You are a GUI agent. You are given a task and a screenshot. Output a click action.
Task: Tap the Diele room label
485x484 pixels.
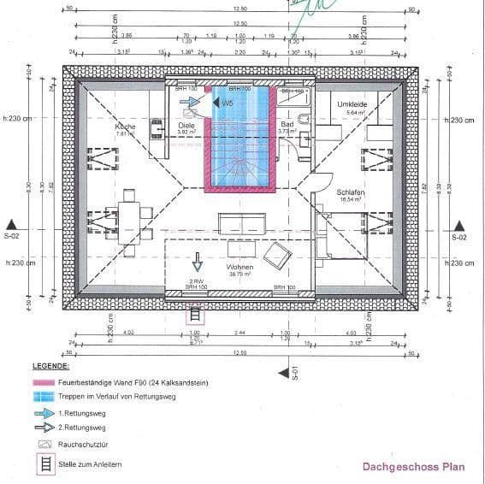click(186, 125)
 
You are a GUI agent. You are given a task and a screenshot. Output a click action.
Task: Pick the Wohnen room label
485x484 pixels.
click(240, 267)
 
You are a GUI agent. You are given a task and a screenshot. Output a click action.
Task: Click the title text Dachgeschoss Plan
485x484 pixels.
click(414, 466)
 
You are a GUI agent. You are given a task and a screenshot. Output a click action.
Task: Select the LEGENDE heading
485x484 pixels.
click(50, 366)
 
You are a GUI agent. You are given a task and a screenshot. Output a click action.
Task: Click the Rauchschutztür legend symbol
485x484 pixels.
click(43, 445)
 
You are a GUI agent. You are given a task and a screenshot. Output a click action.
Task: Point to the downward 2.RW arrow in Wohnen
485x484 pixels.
click(196, 260)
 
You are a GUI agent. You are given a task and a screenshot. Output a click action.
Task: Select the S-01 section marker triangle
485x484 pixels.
click(283, 372)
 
